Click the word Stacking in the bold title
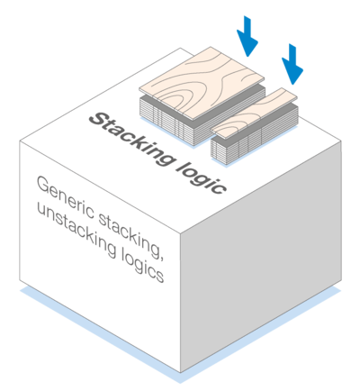pyautogui.click(x=131, y=139)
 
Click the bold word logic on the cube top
pyautogui.click(x=202, y=177)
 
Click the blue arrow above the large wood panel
pyautogui.click(x=247, y=36)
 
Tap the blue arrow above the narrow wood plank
pyautogui.click(x=292, y=64)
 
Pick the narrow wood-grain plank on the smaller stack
pyautogui.click(x=254, y=113)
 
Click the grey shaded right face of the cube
pyautogui.click(x=261, y=258)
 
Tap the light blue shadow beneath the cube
pyautogui.click(x=180, y=335)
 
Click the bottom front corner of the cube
pyautogui.click(x=180, y=372)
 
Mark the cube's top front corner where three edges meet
pyautogui.click(x=180, y=233)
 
